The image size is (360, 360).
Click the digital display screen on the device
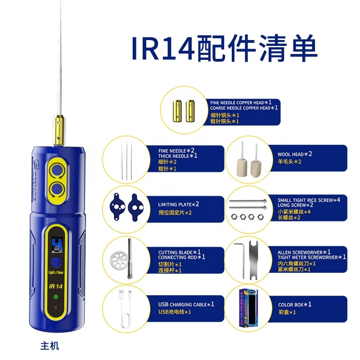[56, 245]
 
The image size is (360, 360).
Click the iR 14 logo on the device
[56, 284]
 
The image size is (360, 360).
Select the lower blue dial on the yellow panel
[57, 187]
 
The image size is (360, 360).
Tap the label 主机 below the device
[49, 346]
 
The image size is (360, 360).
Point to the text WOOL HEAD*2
[295, 154]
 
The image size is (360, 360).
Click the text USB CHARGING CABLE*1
[186, 304]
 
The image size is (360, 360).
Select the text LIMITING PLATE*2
[179, 204]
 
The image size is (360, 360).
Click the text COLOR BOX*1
[294, 305]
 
